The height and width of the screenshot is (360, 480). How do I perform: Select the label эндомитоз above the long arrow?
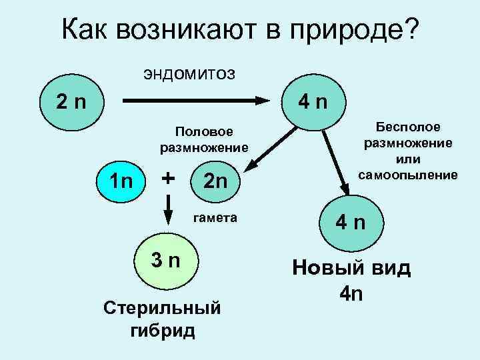click(189, 73)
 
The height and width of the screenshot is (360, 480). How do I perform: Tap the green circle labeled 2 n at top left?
click(70, 103)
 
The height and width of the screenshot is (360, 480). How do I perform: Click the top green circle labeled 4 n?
click(312, 103)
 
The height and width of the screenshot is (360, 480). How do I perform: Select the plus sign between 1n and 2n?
click(169, 178)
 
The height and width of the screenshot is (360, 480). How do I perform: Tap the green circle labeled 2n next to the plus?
click(215, 180)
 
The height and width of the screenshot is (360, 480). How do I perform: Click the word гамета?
click(215, 218)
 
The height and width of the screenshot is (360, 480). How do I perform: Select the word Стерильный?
click(163, 310)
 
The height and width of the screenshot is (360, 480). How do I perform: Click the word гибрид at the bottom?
click(163, 331)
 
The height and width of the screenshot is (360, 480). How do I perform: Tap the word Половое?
click(203, 131)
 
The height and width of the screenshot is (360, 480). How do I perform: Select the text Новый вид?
click(351, 269)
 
